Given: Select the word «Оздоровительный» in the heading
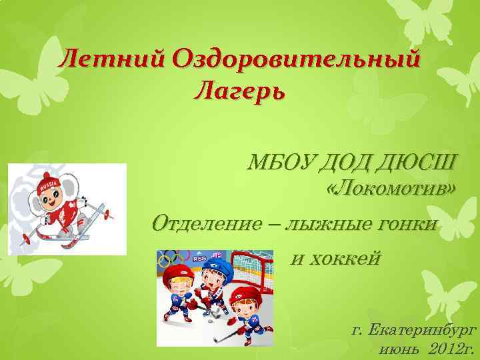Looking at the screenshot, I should [x=296, y=61].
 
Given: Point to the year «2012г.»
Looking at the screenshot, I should [x=451, y=349].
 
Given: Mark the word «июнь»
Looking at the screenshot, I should [x=399, y=349].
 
